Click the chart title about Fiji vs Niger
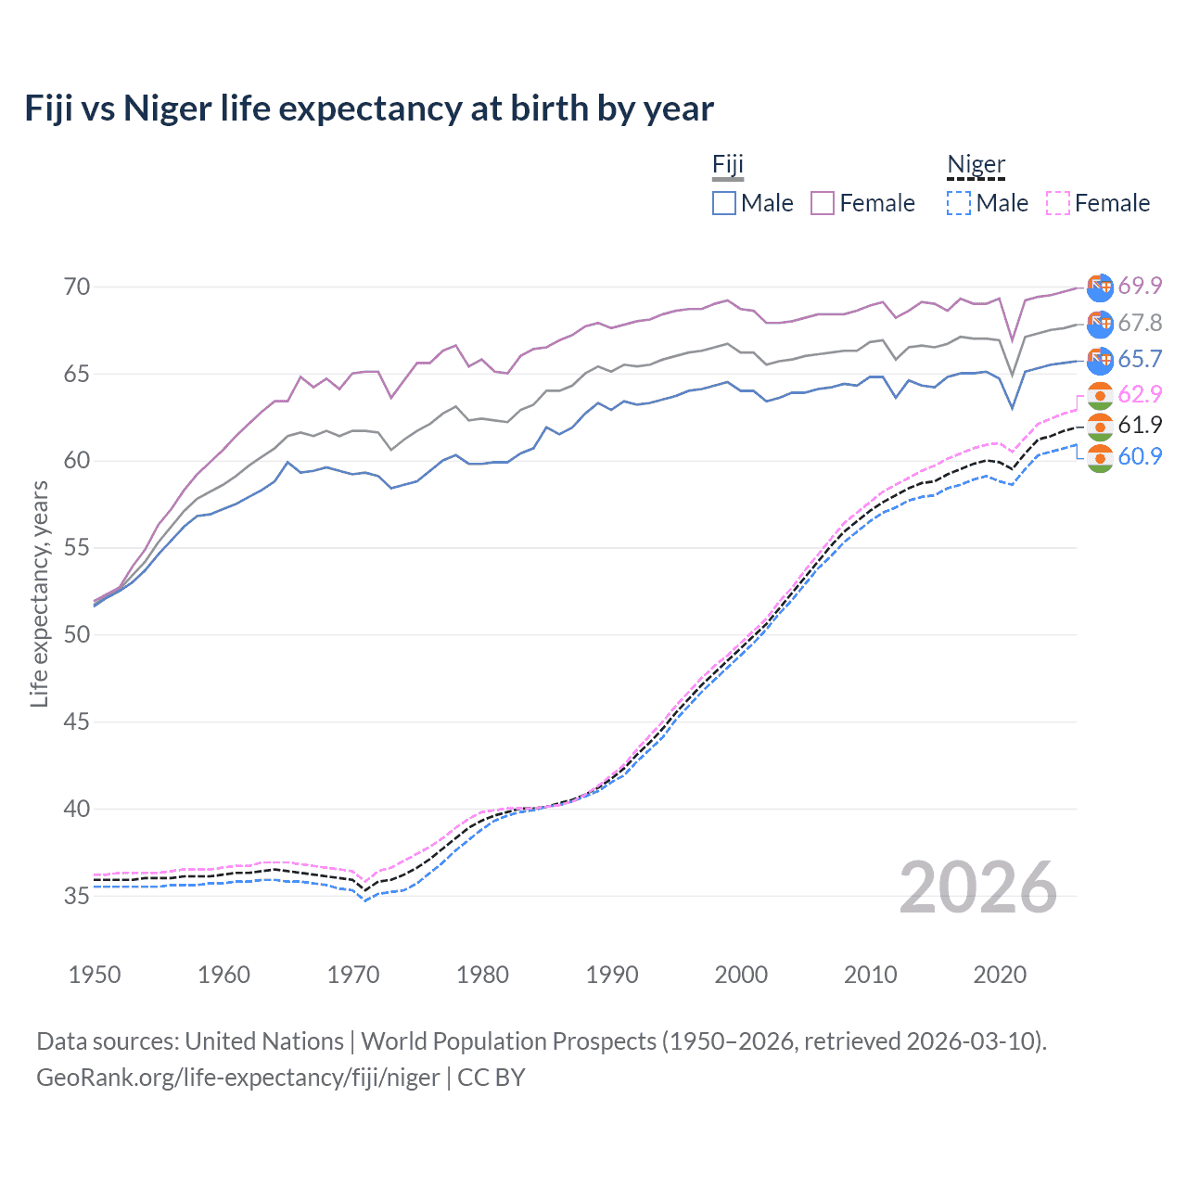point(369,108)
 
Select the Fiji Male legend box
point(724,203)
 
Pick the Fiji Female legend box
point(823,203)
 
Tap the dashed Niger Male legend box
point(959,203)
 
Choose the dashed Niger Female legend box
point(1057,203)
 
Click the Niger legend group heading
point(976,165)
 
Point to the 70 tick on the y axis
point(77,287)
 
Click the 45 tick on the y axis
point(77,721)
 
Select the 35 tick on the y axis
point(77,896)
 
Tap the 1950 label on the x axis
point(95,975)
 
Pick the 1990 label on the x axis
point(612,975)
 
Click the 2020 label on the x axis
point(1000,975)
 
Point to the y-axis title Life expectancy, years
point(39,593)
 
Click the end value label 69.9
point(1140,286)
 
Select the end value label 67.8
point(1140,323)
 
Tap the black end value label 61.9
point(1140,425)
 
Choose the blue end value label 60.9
point(1140,456)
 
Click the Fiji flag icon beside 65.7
point(1100,360)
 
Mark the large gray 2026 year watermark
point(977,887)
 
